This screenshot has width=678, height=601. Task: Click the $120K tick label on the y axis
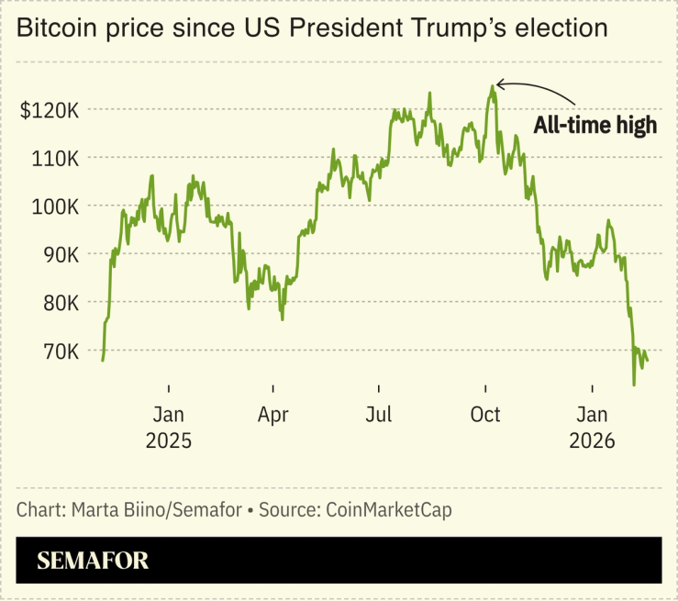click(x=53, y=111)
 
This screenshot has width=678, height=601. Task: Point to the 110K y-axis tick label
click(x=59, y=159)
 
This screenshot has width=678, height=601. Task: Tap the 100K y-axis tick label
click(x=59, y=206)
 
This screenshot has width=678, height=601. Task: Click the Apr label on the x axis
click(x=273, y=415)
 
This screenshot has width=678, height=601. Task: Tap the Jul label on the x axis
click(x=378, y=415)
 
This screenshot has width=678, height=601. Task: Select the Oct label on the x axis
click(x=485, y=415)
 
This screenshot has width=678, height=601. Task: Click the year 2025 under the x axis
click(x=169, y=440)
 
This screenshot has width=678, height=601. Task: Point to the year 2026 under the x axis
click(x=592, y=440)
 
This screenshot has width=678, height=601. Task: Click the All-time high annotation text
click(x=595, y=126)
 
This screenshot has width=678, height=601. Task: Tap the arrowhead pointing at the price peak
click(x=500, y=85)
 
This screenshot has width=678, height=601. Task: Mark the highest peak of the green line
click(x=493, y=87)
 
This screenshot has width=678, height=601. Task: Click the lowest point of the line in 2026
click(x=634, y=384)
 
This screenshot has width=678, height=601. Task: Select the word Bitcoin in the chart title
click(x=58, y=28)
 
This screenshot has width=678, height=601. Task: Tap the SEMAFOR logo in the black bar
click(x=93, y=561)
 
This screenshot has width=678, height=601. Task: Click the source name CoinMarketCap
click(x=388, y=508)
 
